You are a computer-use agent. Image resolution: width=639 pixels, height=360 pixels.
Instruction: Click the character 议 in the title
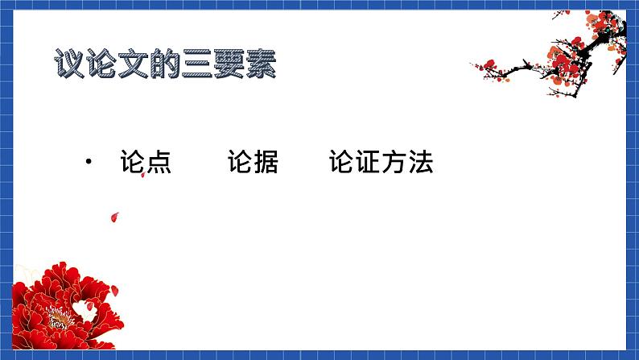click(x=69, y=64)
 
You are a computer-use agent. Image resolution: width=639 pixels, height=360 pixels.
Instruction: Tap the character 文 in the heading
click(x=133, y=64)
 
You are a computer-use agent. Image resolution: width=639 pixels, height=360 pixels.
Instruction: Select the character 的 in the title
click(x=165, y=64)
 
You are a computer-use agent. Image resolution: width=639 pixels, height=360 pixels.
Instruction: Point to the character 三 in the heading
click(x=196, y=64)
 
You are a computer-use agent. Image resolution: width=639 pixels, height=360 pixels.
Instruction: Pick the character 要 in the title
click(x=229, y=64)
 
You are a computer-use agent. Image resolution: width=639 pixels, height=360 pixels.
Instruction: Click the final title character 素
click(x=261, y=64)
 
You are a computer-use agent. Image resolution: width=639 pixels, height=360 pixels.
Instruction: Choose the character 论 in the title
click(x=101, y=64)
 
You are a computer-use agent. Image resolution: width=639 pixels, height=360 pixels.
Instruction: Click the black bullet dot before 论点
click(x=89, y=162)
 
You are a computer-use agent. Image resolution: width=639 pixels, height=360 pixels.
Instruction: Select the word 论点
click(x=146, y=162)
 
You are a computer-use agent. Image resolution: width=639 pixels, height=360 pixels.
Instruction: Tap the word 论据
click(x=253, y=162)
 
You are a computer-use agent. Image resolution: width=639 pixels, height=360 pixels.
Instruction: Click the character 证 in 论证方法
click(x=368, y=162)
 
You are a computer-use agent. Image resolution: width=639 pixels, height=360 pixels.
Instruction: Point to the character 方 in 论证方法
click(x=394, y=162)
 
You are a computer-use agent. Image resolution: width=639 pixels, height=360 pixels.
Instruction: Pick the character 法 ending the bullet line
click(x=420, y=162)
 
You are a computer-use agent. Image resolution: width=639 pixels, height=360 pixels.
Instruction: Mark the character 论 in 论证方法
click(x=342, y=162)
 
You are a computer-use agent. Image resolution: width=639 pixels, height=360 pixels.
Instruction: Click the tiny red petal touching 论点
click(x=143, y=175)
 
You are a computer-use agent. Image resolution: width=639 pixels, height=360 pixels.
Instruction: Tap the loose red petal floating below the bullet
click(x=115, y=217)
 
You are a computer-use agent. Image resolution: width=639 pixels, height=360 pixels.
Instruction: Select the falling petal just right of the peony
click(x=114, y=291)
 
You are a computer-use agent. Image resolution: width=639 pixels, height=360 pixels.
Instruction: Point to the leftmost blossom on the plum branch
click(x=489, y=64)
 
